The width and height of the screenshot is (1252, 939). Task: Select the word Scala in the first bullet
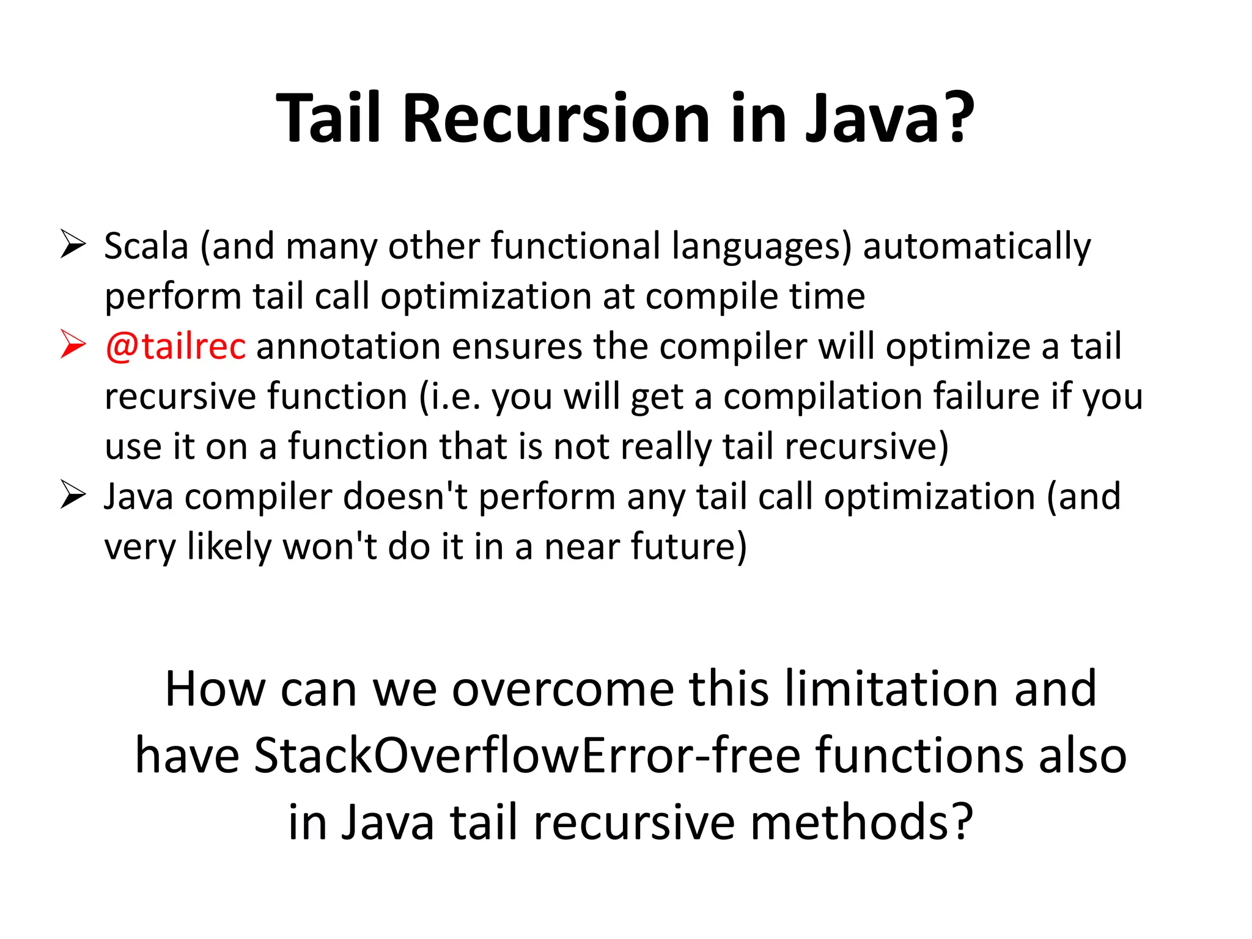click(146, 246)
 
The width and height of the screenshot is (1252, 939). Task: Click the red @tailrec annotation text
click(175, 346)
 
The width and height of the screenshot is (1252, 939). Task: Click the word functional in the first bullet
click(575, 246)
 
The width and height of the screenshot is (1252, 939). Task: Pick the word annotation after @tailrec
click(348, 347)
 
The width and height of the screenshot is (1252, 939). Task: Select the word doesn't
click(405, 496)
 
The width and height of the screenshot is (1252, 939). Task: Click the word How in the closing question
click(215, 690)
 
